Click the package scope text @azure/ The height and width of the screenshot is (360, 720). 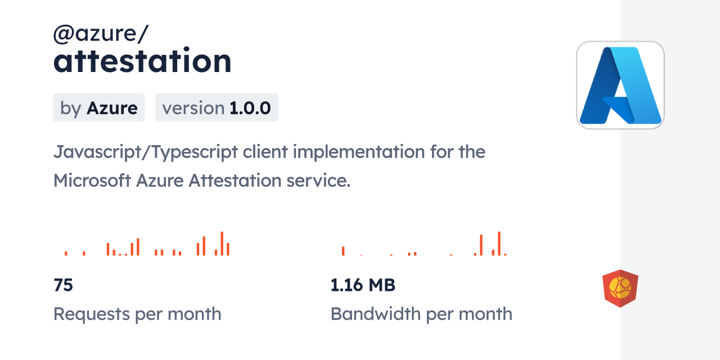[x=101, y=34]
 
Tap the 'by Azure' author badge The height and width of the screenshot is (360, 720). [x=99, y=107]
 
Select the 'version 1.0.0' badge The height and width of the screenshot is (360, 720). [x=217, y=107]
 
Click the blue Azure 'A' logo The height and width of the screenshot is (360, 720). [x=620, y=85]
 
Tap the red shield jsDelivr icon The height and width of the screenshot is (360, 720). [x=620, y=289]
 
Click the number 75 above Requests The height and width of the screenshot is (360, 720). [x=64, y=285]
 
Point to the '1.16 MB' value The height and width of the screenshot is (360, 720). [x=363, y=285]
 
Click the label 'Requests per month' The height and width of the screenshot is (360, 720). [x=137, y=314]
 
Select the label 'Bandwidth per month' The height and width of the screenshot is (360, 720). [x=421, y=314]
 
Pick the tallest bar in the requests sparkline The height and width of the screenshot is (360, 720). [x=222, y=244]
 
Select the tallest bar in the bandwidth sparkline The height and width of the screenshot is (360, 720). [x=499, y=244]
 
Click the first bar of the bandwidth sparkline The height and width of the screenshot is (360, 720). [x=343, y=251]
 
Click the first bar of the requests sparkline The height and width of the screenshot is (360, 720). [x=66, y=253]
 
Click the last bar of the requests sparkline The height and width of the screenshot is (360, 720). [x=228, y=249]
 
